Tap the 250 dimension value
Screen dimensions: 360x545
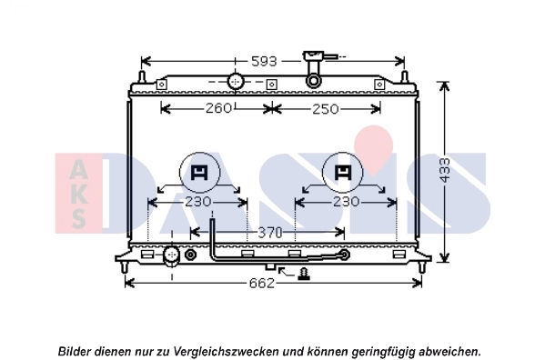click(x=325, y=109)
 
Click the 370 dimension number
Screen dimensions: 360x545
click(x=269, y=234)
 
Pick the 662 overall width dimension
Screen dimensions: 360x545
click(x=261, y=283)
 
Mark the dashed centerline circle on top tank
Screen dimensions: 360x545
click(x=236, y=82)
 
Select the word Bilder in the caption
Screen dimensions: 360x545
click(x=75, y=350)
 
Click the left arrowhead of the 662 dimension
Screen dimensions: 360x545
click(x=128, y=283)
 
